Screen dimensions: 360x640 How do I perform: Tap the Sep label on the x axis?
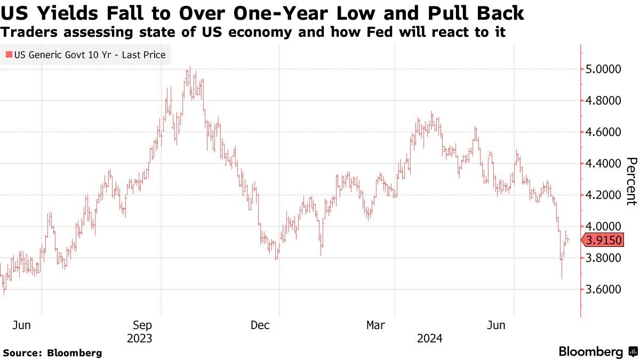(x=143, y=325)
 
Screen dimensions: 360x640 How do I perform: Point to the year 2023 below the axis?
(x=140, y=338)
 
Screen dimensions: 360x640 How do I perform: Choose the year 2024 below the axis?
(x=430, y=338)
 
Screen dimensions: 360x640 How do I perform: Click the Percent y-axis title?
(x=631, y=181)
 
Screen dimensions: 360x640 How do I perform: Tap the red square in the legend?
(x=9, y=54)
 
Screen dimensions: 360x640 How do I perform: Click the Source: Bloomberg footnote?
(x=52, y=353)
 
